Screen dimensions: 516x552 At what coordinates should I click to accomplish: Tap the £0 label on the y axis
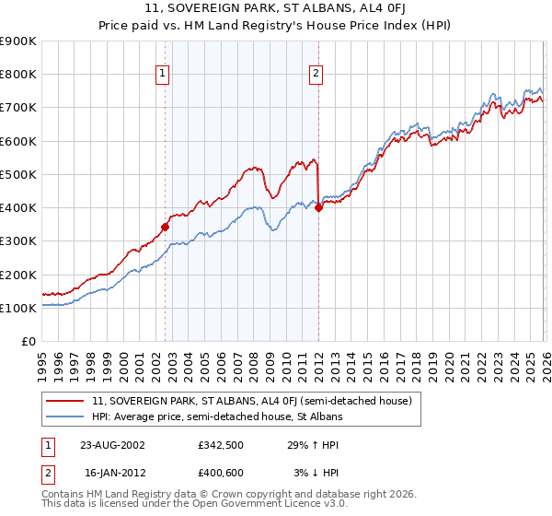coord(29,341)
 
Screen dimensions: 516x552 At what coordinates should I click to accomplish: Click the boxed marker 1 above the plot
coord(163,75)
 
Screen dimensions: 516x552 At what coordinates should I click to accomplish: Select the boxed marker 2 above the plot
coord(316,75)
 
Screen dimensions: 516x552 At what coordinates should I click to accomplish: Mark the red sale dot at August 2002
coord(166,227)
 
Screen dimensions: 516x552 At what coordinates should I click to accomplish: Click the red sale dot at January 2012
coord(318,207)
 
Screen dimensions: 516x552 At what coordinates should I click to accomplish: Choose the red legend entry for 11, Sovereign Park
coord(257,401)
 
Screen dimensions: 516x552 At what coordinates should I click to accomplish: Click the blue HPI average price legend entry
coord(217,416)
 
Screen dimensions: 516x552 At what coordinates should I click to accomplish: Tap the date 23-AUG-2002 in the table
coord(111,444)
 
